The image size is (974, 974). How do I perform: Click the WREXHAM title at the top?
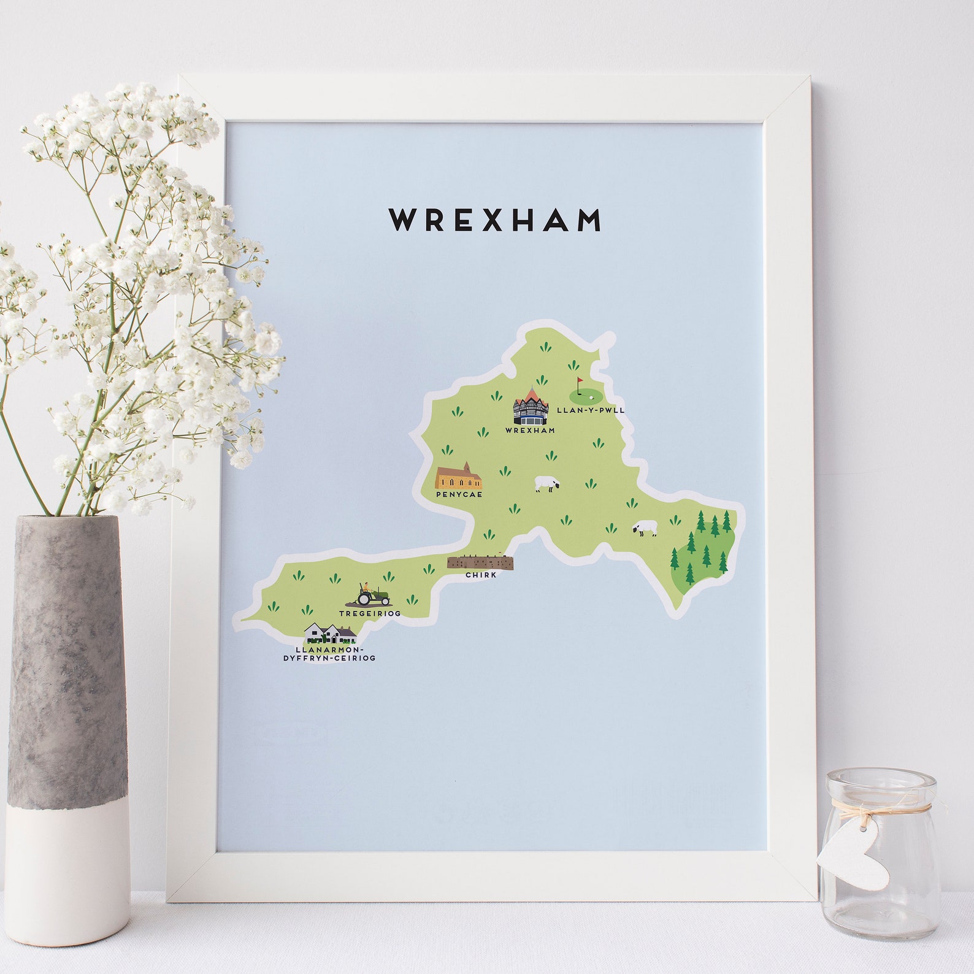point(495,220)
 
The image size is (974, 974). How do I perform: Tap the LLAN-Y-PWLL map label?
point(590,410)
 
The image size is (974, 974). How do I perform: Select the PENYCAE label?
point(459,494)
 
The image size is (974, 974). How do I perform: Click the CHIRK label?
point(481,575)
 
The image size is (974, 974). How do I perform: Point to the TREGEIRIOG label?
point(369,613)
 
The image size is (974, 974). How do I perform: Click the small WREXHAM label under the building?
point(530,431)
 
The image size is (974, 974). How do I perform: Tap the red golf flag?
point(579,382)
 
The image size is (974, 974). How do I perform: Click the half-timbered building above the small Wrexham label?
point(531,406)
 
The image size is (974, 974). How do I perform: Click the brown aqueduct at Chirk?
point(480,562)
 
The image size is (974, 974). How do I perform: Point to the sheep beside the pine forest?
point(645,529)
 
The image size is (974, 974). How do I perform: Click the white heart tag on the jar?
point(854,851)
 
